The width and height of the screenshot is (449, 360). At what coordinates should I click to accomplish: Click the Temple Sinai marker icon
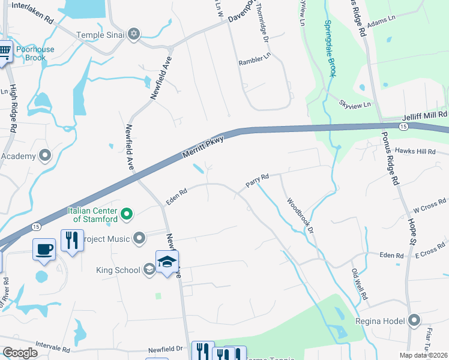tap(134, 35)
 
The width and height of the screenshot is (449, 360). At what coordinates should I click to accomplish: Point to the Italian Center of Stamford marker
tap(127, 214)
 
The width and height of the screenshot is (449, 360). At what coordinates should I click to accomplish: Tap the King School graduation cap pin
tap(167, 261)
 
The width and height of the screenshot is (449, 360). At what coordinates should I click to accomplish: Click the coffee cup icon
tap(45, 249)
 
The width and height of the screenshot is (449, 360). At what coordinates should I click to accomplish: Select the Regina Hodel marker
tap(414, 321)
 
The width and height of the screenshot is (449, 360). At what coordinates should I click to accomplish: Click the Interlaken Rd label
tap(32, 12)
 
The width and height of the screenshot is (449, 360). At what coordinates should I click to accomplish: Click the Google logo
tap(20, 353)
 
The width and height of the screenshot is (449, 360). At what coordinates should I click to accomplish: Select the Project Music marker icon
tap(140, 239)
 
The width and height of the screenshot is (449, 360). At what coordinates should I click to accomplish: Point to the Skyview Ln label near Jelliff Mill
tap(355, 104)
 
